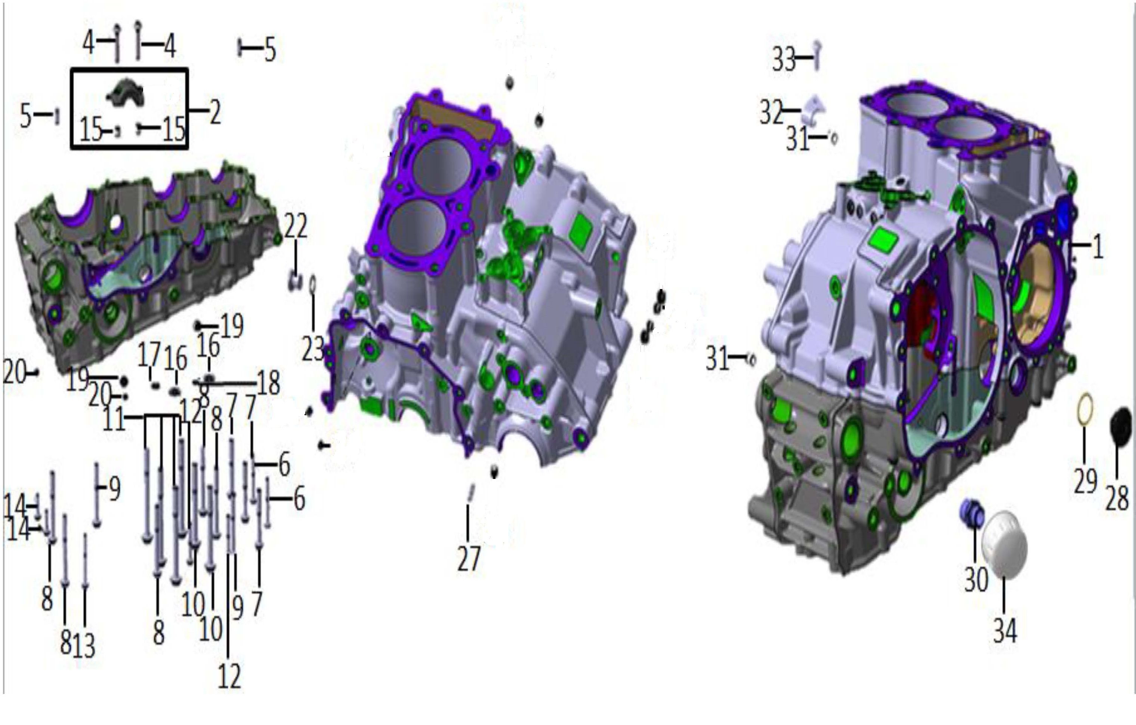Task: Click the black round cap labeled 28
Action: (1120, 427)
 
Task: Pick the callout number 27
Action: (469, 559)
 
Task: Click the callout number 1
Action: (1098, 246)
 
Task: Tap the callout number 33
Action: (784, 59)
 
